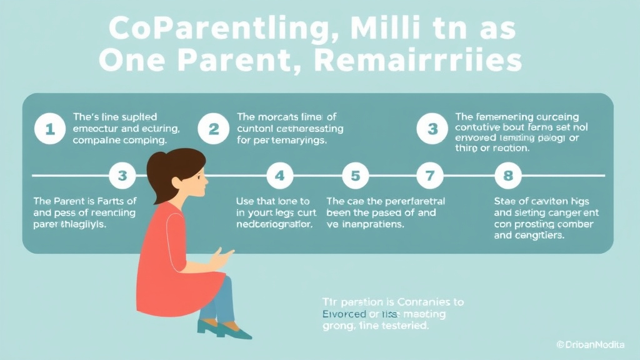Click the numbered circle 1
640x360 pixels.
49,129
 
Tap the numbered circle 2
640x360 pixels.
214,129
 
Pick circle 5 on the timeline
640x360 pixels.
356,176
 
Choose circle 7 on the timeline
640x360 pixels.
429,176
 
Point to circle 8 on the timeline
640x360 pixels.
507,176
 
